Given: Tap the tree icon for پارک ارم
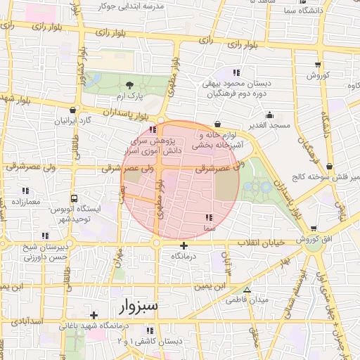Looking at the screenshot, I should [127, 84].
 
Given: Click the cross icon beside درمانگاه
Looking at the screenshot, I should [184, 245].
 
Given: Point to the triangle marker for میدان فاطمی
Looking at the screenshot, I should [246, 290].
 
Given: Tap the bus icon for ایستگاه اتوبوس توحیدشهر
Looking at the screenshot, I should [75, 199].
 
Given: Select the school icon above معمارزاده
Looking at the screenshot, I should [25, 191].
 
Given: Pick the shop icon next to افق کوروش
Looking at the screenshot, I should [313, 229].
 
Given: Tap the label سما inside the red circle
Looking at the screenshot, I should [209, 229].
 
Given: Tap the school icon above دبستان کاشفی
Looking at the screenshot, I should [149, 330].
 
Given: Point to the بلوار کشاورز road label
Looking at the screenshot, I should [82, 66].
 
